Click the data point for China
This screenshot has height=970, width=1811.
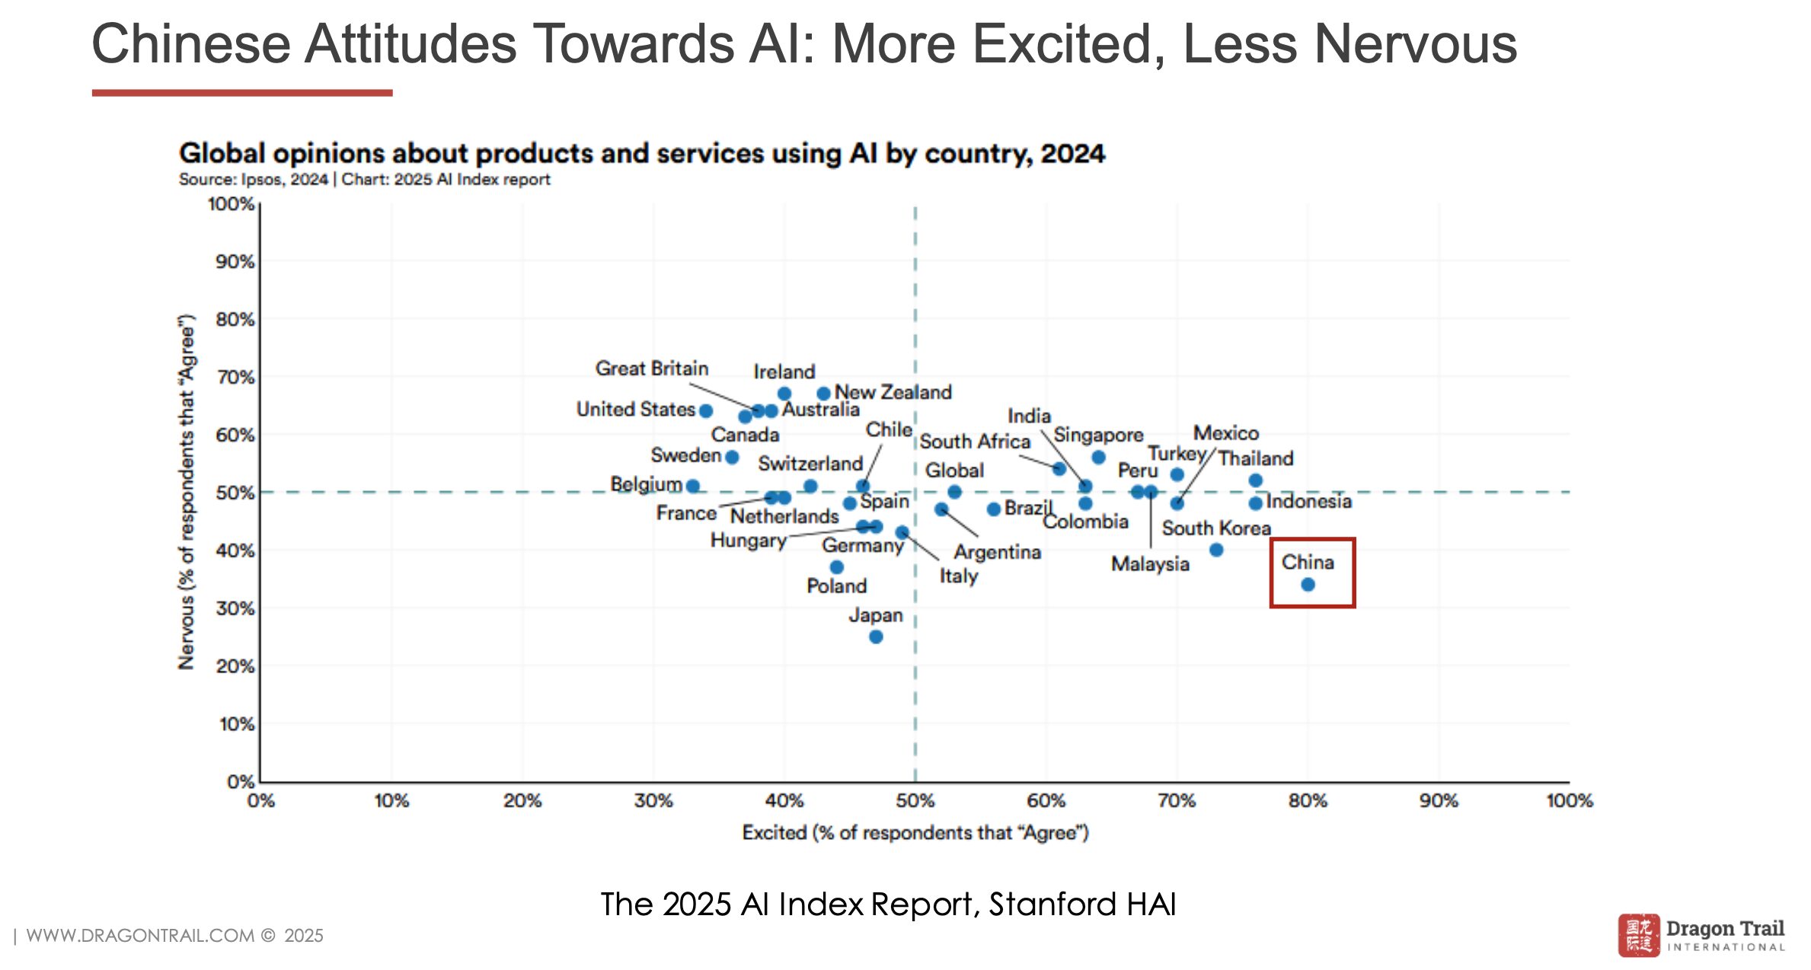click(1308, 585)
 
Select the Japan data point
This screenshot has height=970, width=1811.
click(876, 637)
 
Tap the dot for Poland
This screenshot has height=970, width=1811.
click(836, 567)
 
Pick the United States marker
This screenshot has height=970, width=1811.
click(706, 411)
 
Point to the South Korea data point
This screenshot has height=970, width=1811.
click(1216, 550)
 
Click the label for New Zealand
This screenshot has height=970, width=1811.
click(893, 392)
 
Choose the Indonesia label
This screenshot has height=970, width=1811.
click(1308, 501)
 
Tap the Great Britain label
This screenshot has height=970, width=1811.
click(652, 369)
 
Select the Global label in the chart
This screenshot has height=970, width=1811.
click(954, 471)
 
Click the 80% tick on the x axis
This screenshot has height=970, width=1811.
click(1308, 801)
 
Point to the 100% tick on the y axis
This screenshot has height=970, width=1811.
click(231, 204)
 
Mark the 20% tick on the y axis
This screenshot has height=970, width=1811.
click(235, 666)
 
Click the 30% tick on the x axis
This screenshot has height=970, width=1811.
click(653, 801)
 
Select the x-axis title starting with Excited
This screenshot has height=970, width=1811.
click(915, 833)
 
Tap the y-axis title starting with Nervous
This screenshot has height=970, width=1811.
click(187, 492)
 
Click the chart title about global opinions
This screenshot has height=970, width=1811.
click(641, 154)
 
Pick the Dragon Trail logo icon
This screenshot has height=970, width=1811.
click(1639, 935)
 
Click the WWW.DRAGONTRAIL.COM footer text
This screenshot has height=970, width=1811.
click(140, 936)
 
